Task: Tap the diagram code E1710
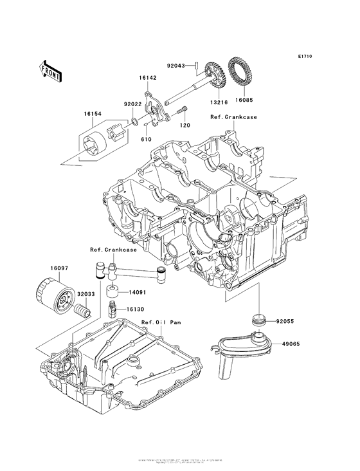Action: [x=304, y=57]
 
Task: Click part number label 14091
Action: [x=134, y=292]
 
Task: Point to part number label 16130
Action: [x=134, y=309]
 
